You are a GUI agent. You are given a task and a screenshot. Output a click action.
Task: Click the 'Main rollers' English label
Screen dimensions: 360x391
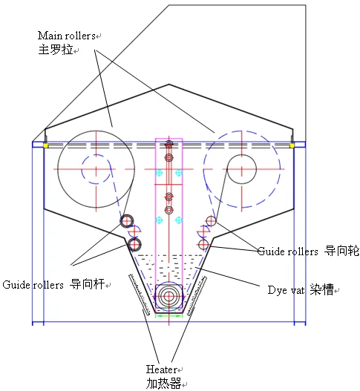point(66,36)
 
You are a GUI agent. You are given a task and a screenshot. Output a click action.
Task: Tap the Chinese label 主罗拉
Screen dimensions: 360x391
point(56,50)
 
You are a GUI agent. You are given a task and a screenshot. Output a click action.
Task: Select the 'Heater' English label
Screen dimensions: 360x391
point(161,369)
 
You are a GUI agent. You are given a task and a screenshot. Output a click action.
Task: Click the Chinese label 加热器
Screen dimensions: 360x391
point(163,384)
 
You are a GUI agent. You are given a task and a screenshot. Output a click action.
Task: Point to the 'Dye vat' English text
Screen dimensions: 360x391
point(286,290)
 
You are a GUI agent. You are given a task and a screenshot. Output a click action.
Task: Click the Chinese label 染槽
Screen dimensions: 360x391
point(322,290)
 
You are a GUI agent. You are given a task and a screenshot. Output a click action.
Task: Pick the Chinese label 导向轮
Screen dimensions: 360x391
point(341,251)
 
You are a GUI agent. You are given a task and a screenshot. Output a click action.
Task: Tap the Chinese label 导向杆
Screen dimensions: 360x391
point(87,284)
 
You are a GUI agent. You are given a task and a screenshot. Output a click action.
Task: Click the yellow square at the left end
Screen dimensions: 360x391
point(45,145)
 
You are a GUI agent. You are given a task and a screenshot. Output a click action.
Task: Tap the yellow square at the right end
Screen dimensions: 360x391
point(292,145)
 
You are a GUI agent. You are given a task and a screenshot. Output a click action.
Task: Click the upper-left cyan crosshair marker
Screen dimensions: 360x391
point(159,172)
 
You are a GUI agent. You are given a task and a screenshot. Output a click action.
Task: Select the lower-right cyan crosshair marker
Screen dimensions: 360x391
point(179,220)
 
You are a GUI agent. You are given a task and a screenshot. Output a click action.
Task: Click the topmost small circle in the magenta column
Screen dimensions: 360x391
point(169,144)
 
